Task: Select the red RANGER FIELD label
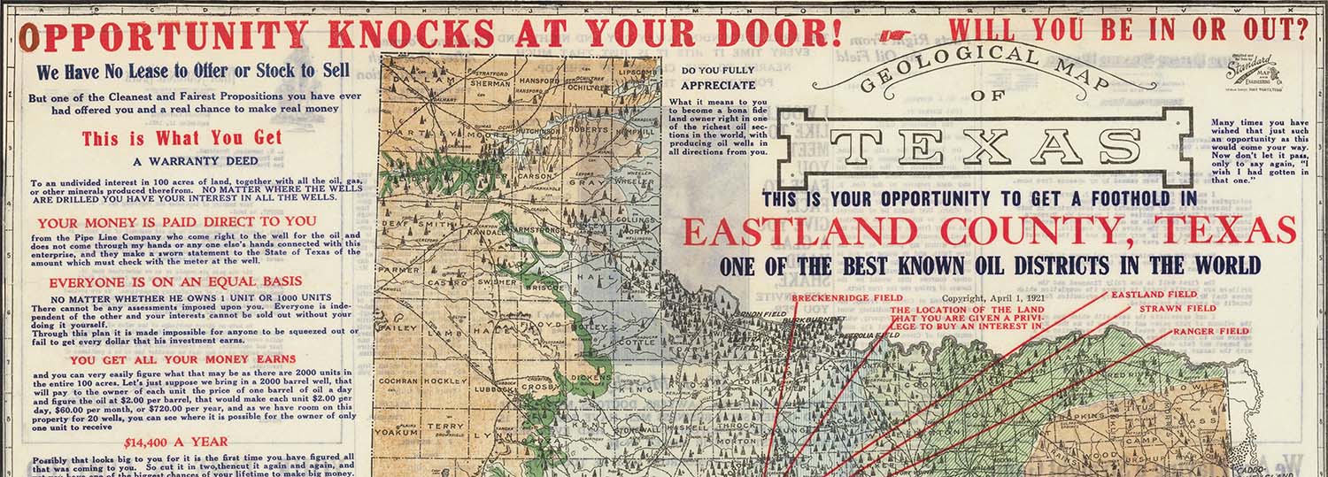pyautogui.click(x=1211, y=332)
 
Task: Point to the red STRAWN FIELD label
pyautogui.click(x=1177, y=308)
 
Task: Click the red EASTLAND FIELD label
pyautogui.click(x=1154, y=294)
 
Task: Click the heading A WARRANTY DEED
pyautogui.click(x=196, y=162)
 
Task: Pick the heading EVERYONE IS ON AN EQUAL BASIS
pyautogui.click(x=195, y=281)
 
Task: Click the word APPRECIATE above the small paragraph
pyautogui.click(x=719, y=86)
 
